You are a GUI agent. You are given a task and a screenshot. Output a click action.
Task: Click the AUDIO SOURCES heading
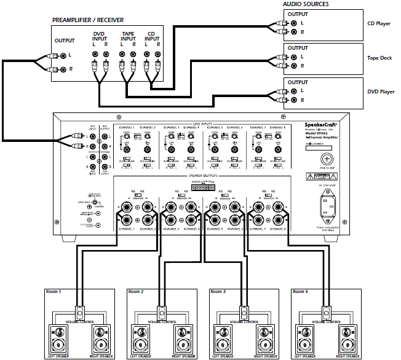(x=306, y=4)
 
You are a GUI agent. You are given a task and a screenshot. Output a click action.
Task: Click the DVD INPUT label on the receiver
(x=100, y=37)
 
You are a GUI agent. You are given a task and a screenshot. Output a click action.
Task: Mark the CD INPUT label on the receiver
(x=151, y=37)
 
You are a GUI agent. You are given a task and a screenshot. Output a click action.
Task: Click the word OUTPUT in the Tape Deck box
(x=299, y=49)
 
